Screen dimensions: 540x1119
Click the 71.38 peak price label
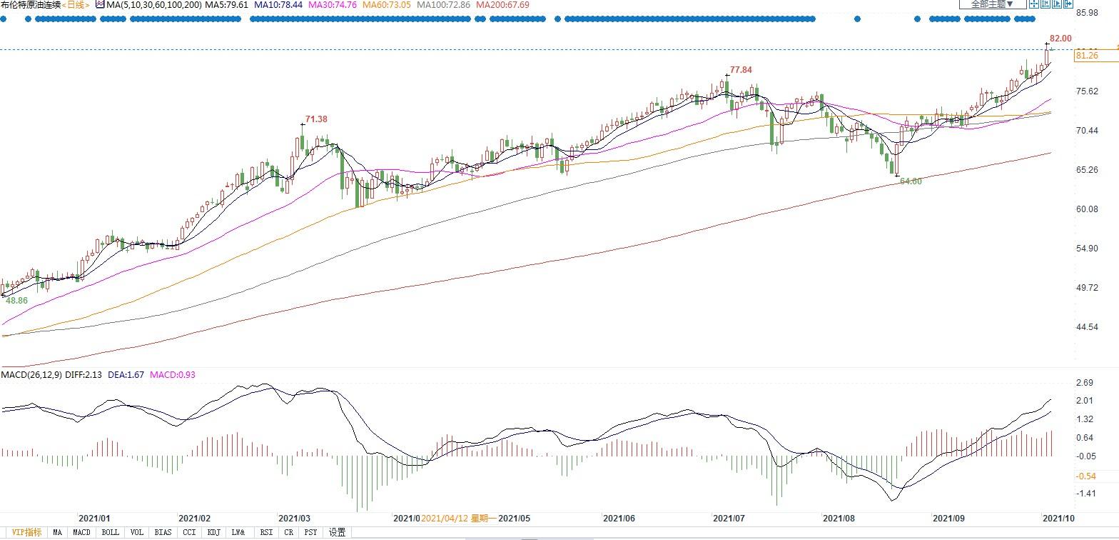[316, 119]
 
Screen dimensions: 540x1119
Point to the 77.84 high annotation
[741, 70]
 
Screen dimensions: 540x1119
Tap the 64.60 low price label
[911, 181]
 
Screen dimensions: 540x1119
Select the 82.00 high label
[1060, 39]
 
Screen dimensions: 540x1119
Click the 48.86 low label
[17, 301]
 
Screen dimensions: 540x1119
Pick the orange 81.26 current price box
[1086, 55]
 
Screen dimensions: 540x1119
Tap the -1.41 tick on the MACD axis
[1086, 494]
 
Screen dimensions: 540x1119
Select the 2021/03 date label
[294, 519]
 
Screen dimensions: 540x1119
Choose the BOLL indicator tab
[110, 532]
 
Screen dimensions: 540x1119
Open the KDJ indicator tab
[214, 532]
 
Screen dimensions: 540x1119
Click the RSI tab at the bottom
[266, 532]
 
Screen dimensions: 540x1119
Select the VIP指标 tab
[26, 532]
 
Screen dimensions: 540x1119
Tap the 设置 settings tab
[337, 532]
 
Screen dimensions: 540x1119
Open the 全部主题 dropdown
[993, 4]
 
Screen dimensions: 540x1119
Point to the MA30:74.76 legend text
[333, 4]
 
